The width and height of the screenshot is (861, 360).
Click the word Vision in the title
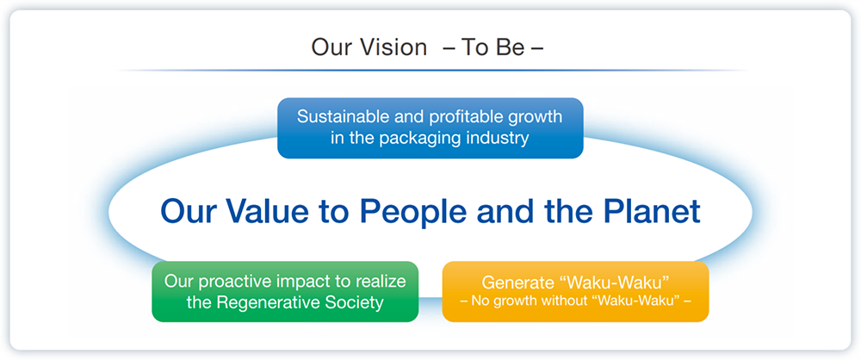pos(393,47)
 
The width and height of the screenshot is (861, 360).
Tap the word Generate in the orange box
pos(515,282)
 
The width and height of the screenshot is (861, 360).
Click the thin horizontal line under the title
pos(434,71)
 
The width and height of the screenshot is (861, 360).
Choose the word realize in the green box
pos(380,282)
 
